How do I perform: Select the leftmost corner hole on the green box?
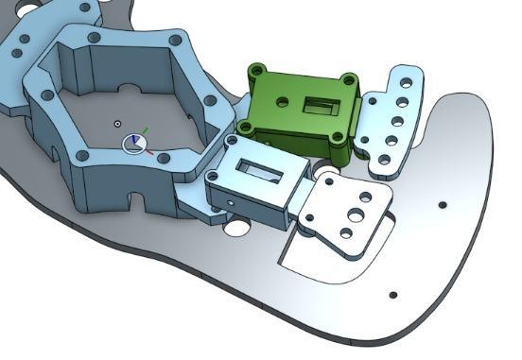pyautogui.click(x=246, y=126)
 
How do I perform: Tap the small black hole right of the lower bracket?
pyautogui.click(x=442, y=205)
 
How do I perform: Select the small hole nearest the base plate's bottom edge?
pyautogui.click(x=392, y=296)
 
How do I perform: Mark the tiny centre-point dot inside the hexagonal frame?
pyautogui.click(x=116, y=124)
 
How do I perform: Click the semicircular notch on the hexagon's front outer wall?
pyautogui.click(x=138, y=203)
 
